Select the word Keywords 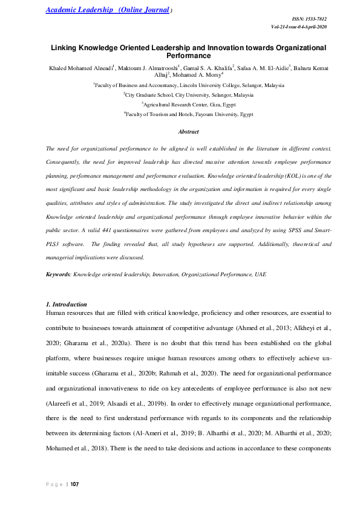(x=58, y=274)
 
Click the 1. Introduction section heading (x=67, y=304)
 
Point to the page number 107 (x=75, y=484)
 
